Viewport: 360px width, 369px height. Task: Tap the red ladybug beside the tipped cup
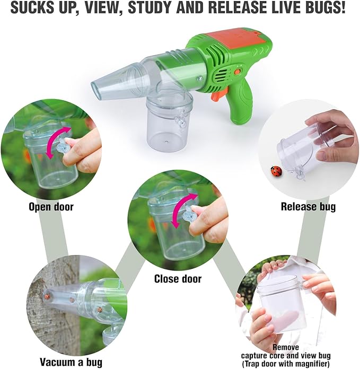[x=275, y=171]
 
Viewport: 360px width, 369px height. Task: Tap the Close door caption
[x=178, y=278]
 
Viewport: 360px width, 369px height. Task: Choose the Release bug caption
[x=308, y=207]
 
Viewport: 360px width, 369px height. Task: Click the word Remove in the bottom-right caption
[x=286, y=347]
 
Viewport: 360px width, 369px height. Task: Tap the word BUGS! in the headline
[x=327, y=9]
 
